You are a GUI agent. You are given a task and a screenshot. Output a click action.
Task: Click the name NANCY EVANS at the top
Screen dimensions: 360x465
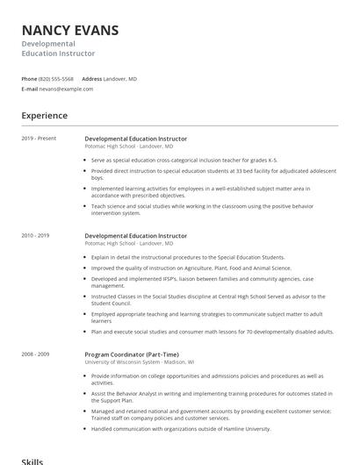pyautogui.click(x=70, y=31)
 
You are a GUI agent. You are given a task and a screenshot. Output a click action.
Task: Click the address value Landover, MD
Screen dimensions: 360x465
pyautogui.click(x=120, y=79)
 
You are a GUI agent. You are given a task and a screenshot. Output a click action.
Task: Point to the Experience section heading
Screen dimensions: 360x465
pyautogui.click(x=45, y=116)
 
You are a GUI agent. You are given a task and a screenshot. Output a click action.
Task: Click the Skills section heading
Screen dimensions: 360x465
pyautogui.click(x=32, y=460)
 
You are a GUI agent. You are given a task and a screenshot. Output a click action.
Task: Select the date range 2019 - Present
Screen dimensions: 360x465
pyautogui.click(x=39, y=139)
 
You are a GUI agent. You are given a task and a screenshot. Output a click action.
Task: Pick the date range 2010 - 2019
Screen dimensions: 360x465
pyautogui.click(x=36, y=236)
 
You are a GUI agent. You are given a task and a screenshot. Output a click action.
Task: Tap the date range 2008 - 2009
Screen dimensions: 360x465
pyautogui.click(x=36, y=354)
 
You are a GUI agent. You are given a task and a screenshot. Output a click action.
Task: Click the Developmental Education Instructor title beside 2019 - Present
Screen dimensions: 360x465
pyautogui.click(x=135, y=139)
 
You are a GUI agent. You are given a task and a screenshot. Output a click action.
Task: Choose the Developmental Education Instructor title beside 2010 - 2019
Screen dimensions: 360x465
pyautogui.click(x=135, y=236)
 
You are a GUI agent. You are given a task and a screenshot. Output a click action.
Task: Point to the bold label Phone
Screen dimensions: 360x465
pyautogui.click(x=29, y=79)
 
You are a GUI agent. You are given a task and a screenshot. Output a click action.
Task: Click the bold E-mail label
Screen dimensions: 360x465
pyautogui.click(x=30, y=89)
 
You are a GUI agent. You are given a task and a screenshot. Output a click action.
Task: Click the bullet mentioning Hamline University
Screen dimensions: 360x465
pyautogui.click(x=181, y=428)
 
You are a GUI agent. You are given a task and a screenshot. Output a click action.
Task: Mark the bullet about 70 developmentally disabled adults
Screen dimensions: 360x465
pyautogui.click(x=212, y=332)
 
